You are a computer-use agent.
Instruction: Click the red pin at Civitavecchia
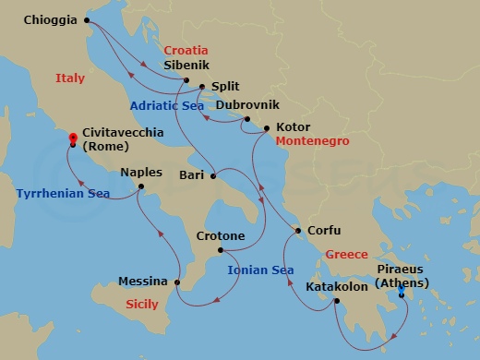[x=72, y=139]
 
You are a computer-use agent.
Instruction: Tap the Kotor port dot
[x=267, y=128]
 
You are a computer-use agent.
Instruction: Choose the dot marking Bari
[x=213, y=175]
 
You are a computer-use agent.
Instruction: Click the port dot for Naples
[x=140, y=187]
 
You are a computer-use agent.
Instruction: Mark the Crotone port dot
[x=220, y=250]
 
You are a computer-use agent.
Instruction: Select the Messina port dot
[x=176, y=282]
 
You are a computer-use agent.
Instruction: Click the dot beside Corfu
[x=297, y=231]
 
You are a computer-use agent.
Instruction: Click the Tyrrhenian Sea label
[x=62, y=194]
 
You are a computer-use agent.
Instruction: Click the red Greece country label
[x=347, y=254]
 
